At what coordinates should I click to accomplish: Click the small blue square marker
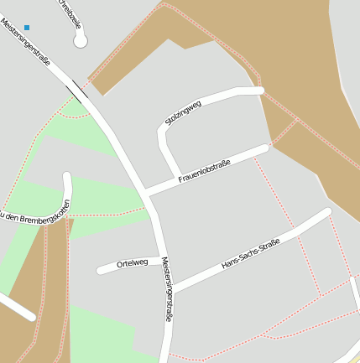point(27,28)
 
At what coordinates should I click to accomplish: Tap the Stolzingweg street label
point(184,114)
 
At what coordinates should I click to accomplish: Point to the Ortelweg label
point(132,263)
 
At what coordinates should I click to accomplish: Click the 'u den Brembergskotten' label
point(34,215)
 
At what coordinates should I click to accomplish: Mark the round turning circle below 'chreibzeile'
point(81,39)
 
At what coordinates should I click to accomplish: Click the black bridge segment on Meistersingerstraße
point(80,88)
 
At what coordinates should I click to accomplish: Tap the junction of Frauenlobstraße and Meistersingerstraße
point(147,193)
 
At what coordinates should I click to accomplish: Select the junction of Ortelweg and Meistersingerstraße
point(159,261)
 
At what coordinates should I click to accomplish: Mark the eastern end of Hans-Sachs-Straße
point(327,212)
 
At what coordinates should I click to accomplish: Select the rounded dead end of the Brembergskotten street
point(68,178)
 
